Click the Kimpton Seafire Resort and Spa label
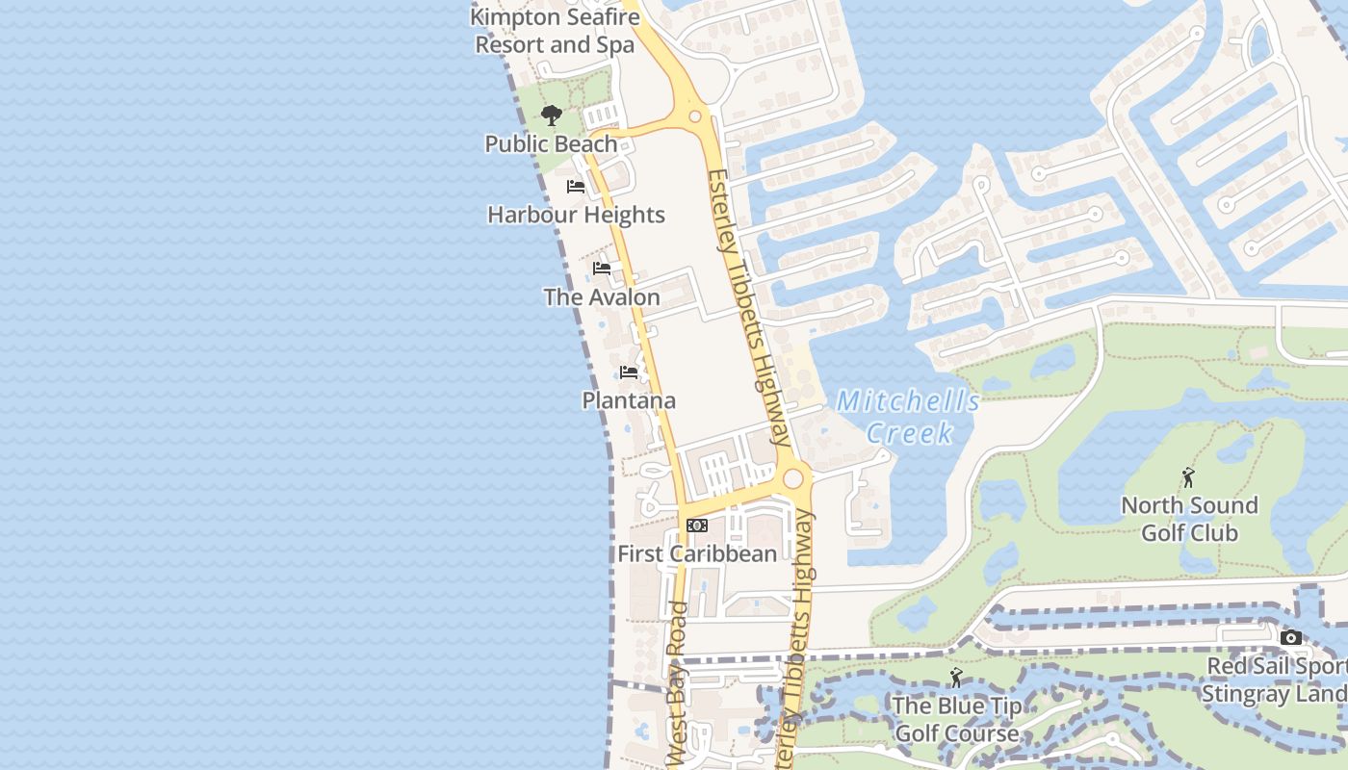point(555,31)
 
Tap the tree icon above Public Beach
point(551,116)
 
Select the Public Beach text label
point(551,144)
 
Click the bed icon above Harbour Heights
point(576,187)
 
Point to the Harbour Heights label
point(576,215)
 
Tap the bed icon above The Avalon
point(602,269)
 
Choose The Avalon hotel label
point(602,297)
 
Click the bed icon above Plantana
point(629,372)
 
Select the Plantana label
point(629,400)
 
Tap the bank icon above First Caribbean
point(697,526)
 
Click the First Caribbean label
point(697,554)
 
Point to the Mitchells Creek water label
point(907,417)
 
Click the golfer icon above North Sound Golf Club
point(1189,477)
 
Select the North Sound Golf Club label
point(1189,519)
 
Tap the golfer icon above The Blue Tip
point(956,678)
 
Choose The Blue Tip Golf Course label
point(956,719)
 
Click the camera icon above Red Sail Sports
point(1291,637)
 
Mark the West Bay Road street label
point(678,683)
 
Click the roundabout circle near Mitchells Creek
point(793,478)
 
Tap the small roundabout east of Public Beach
point(694,115)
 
